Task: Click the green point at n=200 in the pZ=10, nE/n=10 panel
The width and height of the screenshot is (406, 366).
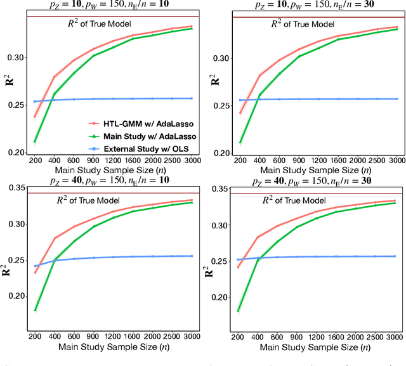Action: coord(35,141)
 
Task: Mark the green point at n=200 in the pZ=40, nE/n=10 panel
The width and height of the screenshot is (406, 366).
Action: coord(35,310)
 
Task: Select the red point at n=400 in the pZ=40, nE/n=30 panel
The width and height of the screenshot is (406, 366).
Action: coord(258,237)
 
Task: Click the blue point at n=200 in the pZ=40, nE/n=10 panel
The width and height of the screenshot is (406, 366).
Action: coord(35,266)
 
